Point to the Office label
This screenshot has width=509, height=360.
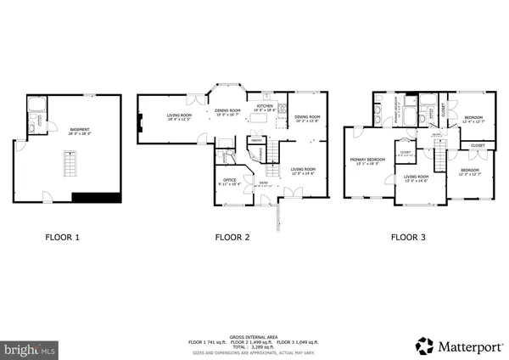pyautogui.click(x=229, y=180)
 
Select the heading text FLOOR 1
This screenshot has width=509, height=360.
pyautogui.click(x=62, y=238)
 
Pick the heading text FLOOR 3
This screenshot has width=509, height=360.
pyautogui.click(x=407, y=238)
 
